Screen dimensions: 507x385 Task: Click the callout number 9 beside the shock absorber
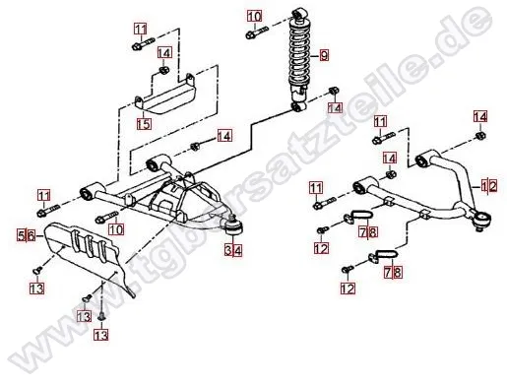pos(324,55)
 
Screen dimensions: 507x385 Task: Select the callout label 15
pos(144,124)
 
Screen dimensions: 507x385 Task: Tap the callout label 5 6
pos(27,235)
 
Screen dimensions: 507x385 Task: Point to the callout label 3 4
pos(233,251)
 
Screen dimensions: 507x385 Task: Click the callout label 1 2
pos(488,186)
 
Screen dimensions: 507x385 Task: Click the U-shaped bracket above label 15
pos(165,95)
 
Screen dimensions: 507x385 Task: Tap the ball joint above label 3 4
pos(233,225)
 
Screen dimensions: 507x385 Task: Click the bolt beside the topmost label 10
pos(257,32)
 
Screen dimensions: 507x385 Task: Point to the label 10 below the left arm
pos(116,229)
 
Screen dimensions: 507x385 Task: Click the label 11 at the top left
pos(141,29)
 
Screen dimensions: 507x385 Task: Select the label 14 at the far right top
pos(480,117)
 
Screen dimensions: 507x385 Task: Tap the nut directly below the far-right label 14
pos(480,135)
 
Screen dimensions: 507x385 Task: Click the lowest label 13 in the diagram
pos(100,335)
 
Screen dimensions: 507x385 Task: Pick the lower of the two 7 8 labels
pos(393,273)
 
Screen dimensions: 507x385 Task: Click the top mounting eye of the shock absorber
pos(298,14)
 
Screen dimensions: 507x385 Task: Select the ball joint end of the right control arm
pos(482,220)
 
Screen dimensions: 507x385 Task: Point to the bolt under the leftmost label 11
pos(49,211)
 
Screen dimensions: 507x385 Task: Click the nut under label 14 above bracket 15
pos(164,70)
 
